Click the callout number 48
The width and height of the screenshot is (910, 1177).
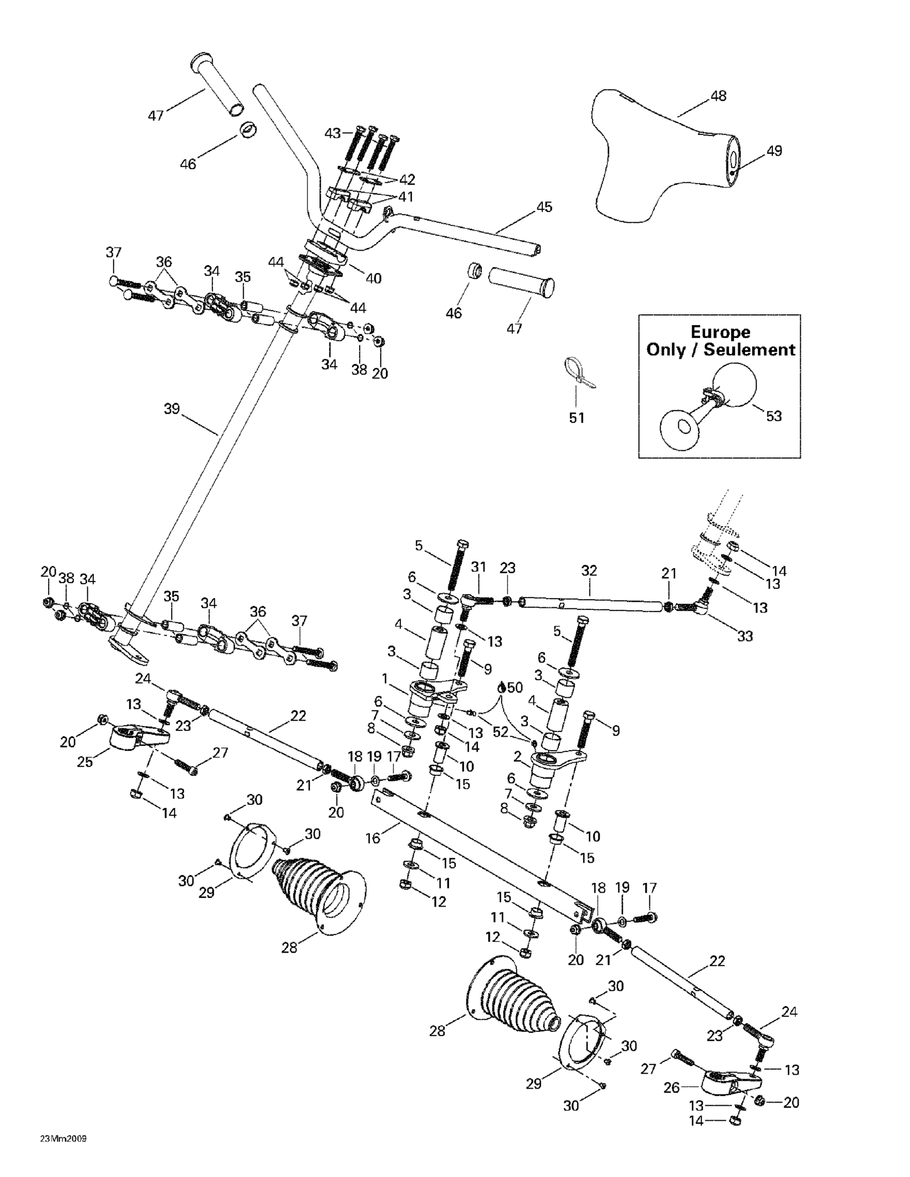point(718,96)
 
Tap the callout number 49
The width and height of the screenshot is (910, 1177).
point(773,151)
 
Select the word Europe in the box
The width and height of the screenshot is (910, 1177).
point(721,332)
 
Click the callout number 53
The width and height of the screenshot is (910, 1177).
point(773,416)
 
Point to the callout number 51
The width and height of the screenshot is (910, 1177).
point(577,418)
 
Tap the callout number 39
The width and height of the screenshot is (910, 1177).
point(171,409)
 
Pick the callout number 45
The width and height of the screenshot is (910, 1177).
point(544,207)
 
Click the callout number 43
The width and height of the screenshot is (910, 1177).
point(332,133)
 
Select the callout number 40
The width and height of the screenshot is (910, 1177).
point(373,278)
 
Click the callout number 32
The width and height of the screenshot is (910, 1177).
point(589,570)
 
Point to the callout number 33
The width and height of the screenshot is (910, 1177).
point(745,637)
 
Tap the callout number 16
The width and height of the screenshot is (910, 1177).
point(373,838)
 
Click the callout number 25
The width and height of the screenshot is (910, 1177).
point(85,762)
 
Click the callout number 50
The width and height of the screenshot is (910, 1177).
point(514,687)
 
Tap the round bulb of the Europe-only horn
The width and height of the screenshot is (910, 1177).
point(735,384)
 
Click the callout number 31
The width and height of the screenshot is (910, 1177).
point(478,567)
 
